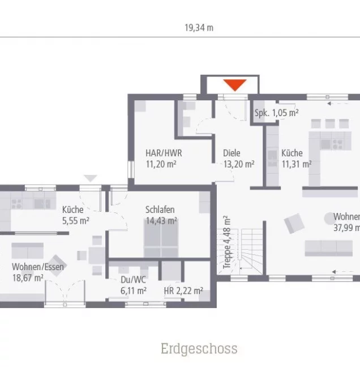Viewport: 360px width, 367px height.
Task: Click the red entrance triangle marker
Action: pos(235,85)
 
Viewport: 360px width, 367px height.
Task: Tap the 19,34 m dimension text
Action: pos(199,28)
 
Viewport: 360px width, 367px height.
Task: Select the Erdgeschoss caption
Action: pos(199,348)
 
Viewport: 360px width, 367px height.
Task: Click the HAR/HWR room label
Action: pos(164,153)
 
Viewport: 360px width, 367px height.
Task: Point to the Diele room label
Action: pos(232,153)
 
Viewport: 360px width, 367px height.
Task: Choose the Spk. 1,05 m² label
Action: pos(276,113)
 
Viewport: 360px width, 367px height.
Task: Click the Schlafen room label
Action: pos(160,208)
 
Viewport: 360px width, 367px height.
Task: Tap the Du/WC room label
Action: pos(133,279)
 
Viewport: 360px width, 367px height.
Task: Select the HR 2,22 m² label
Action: pos(183,291)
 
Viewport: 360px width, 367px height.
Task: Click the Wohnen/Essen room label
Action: pos(38,266)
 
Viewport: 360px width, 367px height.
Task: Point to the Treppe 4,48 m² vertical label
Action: pos(226,242)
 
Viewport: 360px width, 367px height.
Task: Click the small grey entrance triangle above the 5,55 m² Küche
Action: pos(89,178)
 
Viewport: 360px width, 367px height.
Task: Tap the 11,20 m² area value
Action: pos(161,164)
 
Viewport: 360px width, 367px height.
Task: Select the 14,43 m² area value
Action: pos(161,221)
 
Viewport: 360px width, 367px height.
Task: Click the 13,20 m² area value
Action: pos(238,164)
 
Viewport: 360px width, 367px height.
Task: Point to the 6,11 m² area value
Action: pos(133,291)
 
